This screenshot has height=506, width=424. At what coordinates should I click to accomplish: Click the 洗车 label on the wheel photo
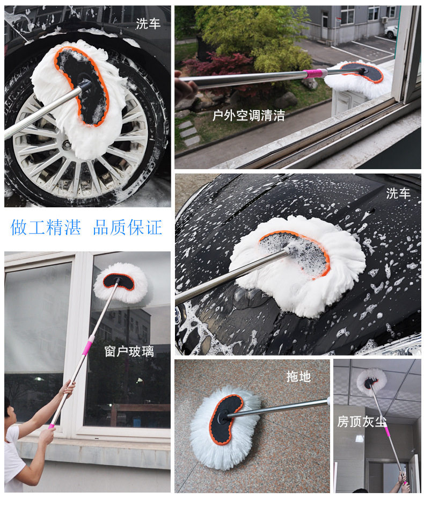click(148, 24)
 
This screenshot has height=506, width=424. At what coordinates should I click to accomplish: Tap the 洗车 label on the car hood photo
click(398, 193)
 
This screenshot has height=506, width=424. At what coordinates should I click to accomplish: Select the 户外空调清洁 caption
click(248, 115)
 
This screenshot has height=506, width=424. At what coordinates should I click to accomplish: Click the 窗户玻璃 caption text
click(129, 351)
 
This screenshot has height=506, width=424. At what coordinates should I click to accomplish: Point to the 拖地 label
click(298, 376)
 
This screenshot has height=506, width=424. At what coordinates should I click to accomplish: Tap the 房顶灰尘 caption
click(362, 422)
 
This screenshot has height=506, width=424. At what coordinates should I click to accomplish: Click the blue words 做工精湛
click(46, 227)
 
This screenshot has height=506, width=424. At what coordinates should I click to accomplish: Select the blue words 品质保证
click(127, 227)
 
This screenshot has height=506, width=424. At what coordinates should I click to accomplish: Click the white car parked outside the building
click(391, 31)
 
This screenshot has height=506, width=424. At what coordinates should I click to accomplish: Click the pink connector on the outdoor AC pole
click(315, 74)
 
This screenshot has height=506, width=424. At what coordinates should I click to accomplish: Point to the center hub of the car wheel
click(67, 145)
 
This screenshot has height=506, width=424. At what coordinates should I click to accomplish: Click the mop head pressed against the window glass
click(121, 283)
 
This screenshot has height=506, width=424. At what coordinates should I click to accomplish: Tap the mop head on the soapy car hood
click(297, 265)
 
